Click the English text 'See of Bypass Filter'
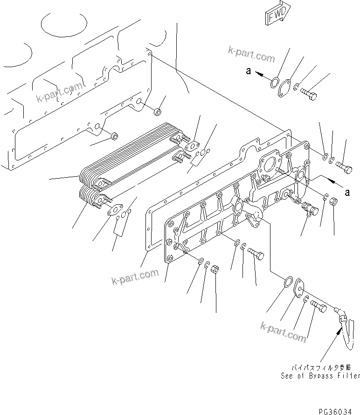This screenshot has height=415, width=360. pos(320,376)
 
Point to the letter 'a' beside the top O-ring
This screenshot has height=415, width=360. pos(248,72)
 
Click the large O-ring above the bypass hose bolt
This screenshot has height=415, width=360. pos(288,282)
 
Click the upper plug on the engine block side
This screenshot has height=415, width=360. pos(158,111)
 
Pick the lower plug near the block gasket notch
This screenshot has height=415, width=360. pos(113,136)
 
